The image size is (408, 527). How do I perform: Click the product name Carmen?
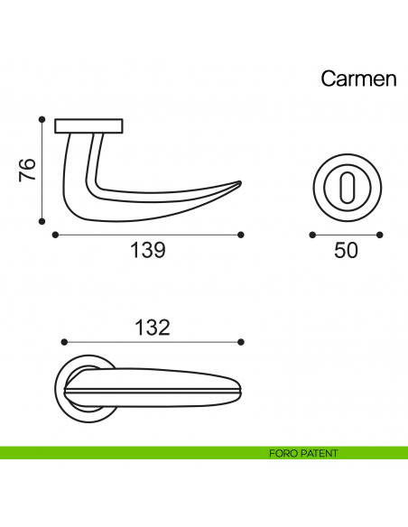tap(358, 79)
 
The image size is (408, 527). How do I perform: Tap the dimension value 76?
tap(28, 171)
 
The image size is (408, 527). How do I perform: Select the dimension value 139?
tap(148, 251)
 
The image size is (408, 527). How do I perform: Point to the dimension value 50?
tap(346, 251)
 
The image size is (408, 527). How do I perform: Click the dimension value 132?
tap(152, 328)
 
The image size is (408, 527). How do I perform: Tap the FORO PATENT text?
tap(303, 453)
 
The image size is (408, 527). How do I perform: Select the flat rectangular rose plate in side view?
tap(88, 125)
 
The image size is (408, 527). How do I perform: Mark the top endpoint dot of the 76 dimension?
tap(42, 118)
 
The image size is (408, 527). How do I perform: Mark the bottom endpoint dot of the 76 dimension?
tap(42, 220)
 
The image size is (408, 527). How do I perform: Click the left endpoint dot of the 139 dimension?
tap(56, 235)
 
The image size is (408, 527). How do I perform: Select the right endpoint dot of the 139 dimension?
tap(242, 235)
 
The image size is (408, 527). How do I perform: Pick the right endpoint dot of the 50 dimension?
tap(380, 235)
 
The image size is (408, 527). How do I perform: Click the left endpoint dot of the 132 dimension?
tap(62, 343)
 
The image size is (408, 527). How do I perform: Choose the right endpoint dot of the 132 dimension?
tap(242, 343)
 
